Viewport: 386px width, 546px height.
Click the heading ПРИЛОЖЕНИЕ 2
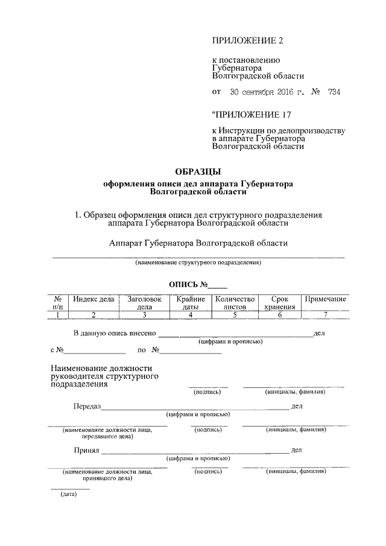point(247,40)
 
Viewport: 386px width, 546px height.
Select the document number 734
point(334,92)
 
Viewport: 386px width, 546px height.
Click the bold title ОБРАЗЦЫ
point(198,171)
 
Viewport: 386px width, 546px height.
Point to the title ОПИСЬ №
point(197,284)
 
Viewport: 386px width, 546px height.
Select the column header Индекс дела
point(93,299)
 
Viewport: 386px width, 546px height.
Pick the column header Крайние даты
point(190,303)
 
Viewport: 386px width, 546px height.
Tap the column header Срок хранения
point(279,303)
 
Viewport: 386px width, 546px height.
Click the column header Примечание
point(325,299)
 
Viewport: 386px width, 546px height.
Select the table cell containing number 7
point(325,314)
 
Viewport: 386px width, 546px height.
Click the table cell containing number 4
point(190,314)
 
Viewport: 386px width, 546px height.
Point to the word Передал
point(87,407)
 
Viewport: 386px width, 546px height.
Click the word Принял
point(86,450)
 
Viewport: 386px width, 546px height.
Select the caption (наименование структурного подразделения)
point(198,263)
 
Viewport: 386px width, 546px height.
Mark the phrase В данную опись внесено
point(115,333)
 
